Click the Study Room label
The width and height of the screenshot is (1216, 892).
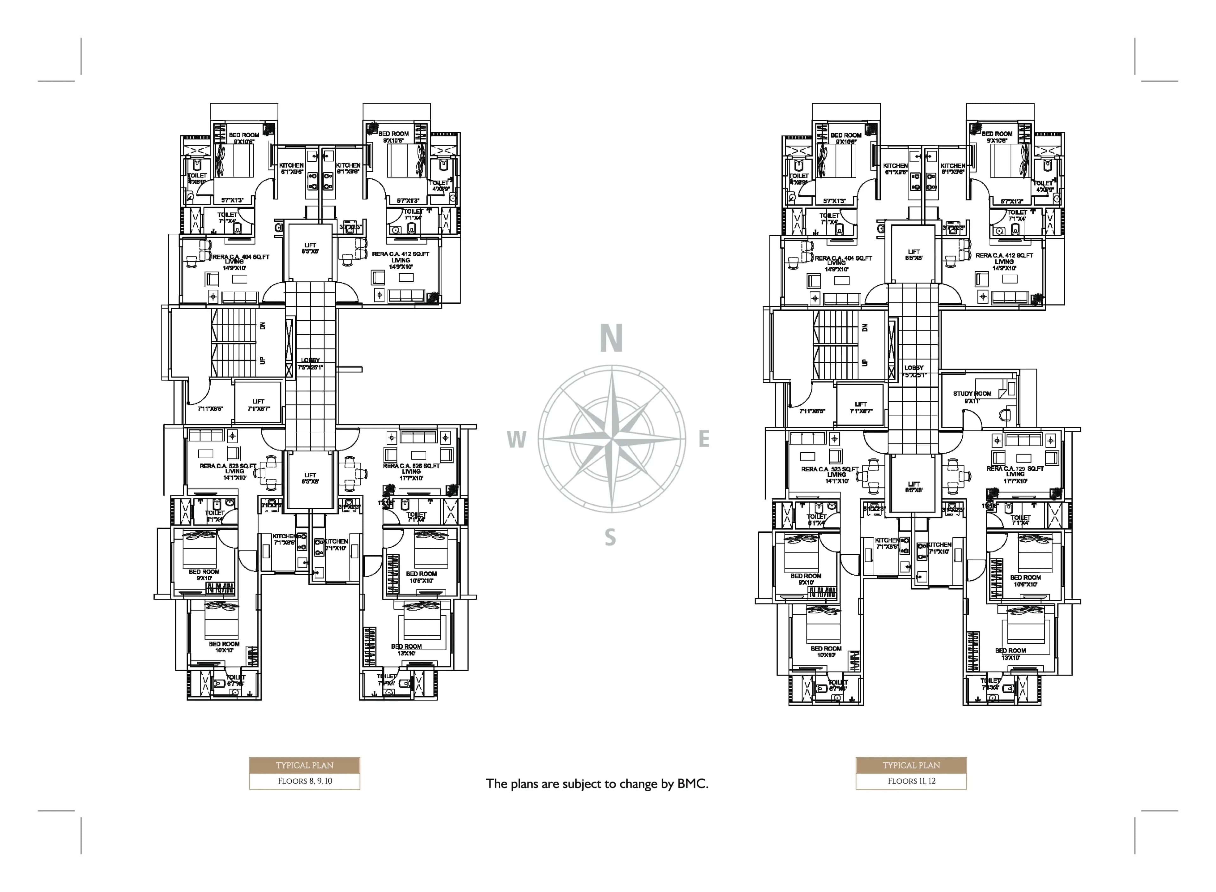click(972, 394)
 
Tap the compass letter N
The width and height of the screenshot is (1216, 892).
click(611, 339)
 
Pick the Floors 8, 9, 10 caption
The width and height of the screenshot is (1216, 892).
click(304, 781)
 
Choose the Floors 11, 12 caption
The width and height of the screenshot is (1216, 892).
click(911, 781)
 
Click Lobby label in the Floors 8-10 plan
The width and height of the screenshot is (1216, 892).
click(310, 360)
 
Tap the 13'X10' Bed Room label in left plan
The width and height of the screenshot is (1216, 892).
click(406, 650)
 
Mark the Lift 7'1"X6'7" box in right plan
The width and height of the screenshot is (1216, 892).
click(861, 407)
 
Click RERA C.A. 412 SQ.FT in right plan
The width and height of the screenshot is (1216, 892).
click(1004, 255)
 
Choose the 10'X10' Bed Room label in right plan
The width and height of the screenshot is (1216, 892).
click(826, 652)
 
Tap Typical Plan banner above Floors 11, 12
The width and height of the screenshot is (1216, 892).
click(911, 765)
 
